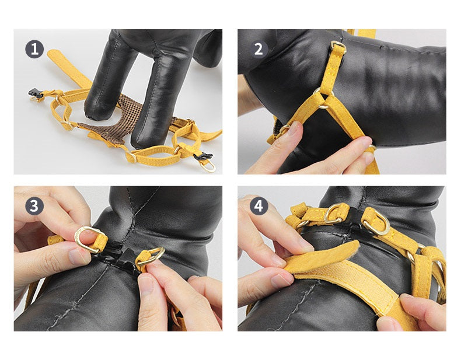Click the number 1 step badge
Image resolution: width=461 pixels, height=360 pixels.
click(x=34, y=49)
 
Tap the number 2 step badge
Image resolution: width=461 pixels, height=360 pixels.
click(x=259, y=49)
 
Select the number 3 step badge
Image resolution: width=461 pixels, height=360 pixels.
click(x=34, y=206)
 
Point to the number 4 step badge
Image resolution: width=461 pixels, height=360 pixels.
click(x=259, y=206)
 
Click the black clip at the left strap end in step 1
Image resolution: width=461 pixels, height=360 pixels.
click(x=36, y=93)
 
